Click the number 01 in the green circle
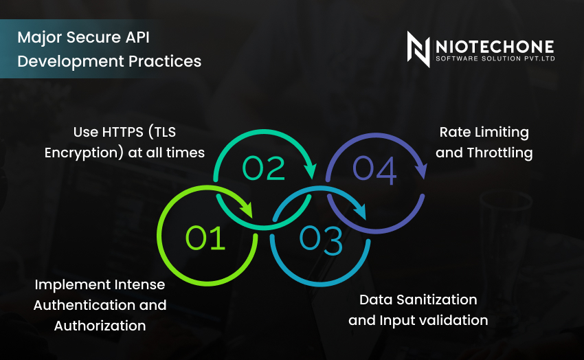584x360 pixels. (206, 238)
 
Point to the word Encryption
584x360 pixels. (84, 153)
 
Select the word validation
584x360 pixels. (452, 320)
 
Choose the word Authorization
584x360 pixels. (100, 326)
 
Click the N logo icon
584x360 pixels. (418, 49)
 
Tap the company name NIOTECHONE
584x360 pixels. (494, 47)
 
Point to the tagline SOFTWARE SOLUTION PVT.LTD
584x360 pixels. (494, 60)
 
